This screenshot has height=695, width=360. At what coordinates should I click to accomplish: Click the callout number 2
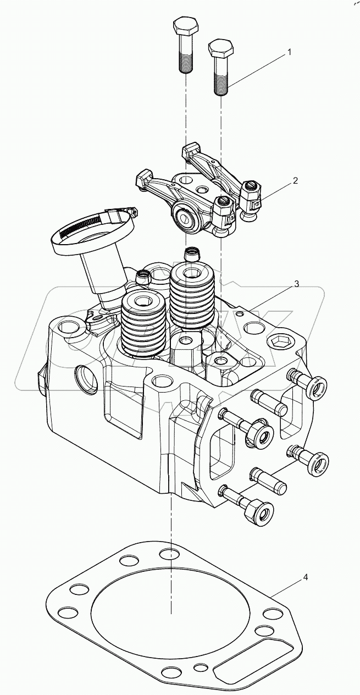pyautogui.click(x=295, y=181)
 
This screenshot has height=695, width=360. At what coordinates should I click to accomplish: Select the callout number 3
pyautogui.click(x=296, y=284)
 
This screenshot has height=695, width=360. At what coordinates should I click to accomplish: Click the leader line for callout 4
pyautogui.click(x=286, y=586)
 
